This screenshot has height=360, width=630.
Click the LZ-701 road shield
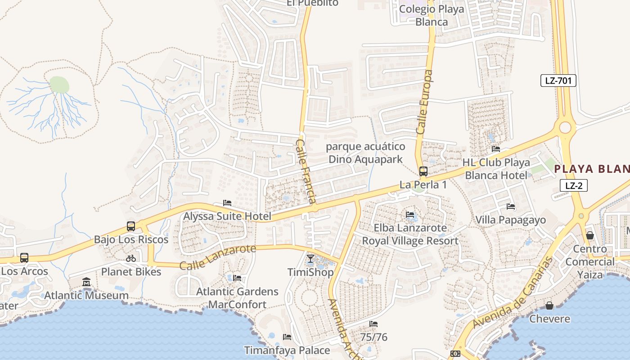coord(558,81)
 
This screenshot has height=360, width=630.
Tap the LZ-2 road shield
coord(574,185)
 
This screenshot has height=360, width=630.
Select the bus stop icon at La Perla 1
coord(423,171)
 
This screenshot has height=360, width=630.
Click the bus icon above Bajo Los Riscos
coord(131,226)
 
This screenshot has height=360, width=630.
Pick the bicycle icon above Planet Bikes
coord(131,258)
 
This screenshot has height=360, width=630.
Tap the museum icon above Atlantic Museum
coord(86,282)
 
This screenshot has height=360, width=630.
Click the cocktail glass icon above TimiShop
coord(310,259)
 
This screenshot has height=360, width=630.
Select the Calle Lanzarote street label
coord(218,257)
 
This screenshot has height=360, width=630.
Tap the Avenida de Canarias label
coord(513,292)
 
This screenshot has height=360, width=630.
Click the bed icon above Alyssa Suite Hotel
coord(227,203)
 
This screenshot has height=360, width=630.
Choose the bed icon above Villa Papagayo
coord(511,207)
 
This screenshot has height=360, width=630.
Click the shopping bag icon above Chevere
coord(549,306)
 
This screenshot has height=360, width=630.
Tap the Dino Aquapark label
coord(365,153)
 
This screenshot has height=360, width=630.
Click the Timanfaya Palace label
coord(287,350)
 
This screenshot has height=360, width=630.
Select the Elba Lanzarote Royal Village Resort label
coord(410,234)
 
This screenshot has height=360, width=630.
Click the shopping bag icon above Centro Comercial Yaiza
coord(590,235)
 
